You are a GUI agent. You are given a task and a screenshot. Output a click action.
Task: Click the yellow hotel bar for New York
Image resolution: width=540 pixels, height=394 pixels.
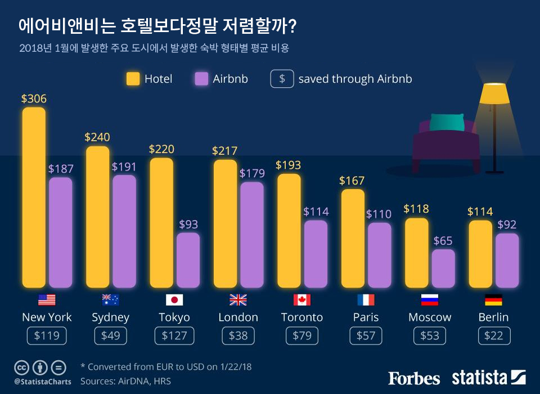[34, 197]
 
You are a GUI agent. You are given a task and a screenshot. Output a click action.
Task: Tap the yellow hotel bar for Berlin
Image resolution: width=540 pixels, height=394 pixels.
[480, 254]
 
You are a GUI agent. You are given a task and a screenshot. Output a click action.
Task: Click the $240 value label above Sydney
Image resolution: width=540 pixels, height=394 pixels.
[97, 137]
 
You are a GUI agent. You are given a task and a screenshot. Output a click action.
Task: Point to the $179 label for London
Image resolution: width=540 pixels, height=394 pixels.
[251, 173]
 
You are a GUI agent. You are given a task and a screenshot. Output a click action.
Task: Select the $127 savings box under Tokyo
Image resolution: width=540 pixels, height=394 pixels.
[174, 336]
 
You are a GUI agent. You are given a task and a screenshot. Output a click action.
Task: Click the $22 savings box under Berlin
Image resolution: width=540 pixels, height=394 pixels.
[494, 336]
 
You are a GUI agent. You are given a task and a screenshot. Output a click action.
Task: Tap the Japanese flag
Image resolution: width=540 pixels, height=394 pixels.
[174, 299]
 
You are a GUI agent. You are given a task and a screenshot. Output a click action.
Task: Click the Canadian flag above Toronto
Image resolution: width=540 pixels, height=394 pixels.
[302, 299]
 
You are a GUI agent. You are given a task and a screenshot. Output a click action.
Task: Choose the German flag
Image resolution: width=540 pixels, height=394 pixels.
[493, 299]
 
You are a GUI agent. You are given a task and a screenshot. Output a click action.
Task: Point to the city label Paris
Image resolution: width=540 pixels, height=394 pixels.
[366, 317]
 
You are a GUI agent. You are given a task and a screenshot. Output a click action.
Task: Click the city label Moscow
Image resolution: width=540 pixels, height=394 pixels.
[430, 317]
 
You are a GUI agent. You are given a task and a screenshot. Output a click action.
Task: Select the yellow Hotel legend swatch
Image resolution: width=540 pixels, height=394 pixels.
[133, 79]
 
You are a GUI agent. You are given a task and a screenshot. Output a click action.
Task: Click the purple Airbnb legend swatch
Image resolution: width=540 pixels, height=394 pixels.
[201, 79]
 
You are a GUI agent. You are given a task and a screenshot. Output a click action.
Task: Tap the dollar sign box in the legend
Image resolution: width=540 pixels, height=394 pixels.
[282, 79]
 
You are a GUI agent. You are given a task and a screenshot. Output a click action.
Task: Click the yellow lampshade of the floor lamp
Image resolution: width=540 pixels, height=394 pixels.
[493, 94]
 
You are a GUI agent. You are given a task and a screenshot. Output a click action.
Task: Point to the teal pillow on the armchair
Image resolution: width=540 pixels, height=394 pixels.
[447, 122]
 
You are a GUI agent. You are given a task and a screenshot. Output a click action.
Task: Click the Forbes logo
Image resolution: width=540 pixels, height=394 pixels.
[414, 377]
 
